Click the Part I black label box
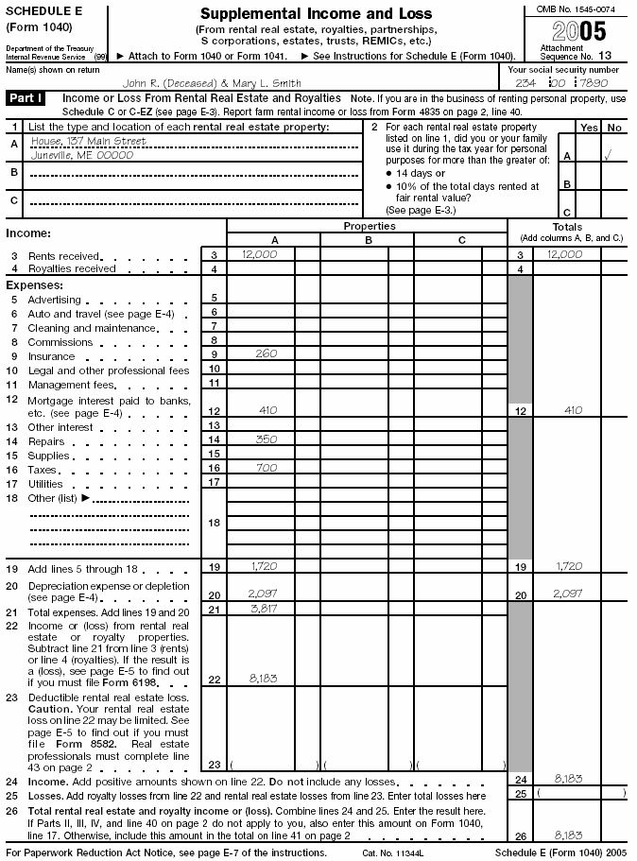(x=27, y=98)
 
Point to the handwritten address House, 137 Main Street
(x=89, y=142)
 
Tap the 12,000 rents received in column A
(x=254, y=255)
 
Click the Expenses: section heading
(x=35, y=284)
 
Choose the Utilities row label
(x=48, y=484)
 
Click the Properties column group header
(x=369, y=227)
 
